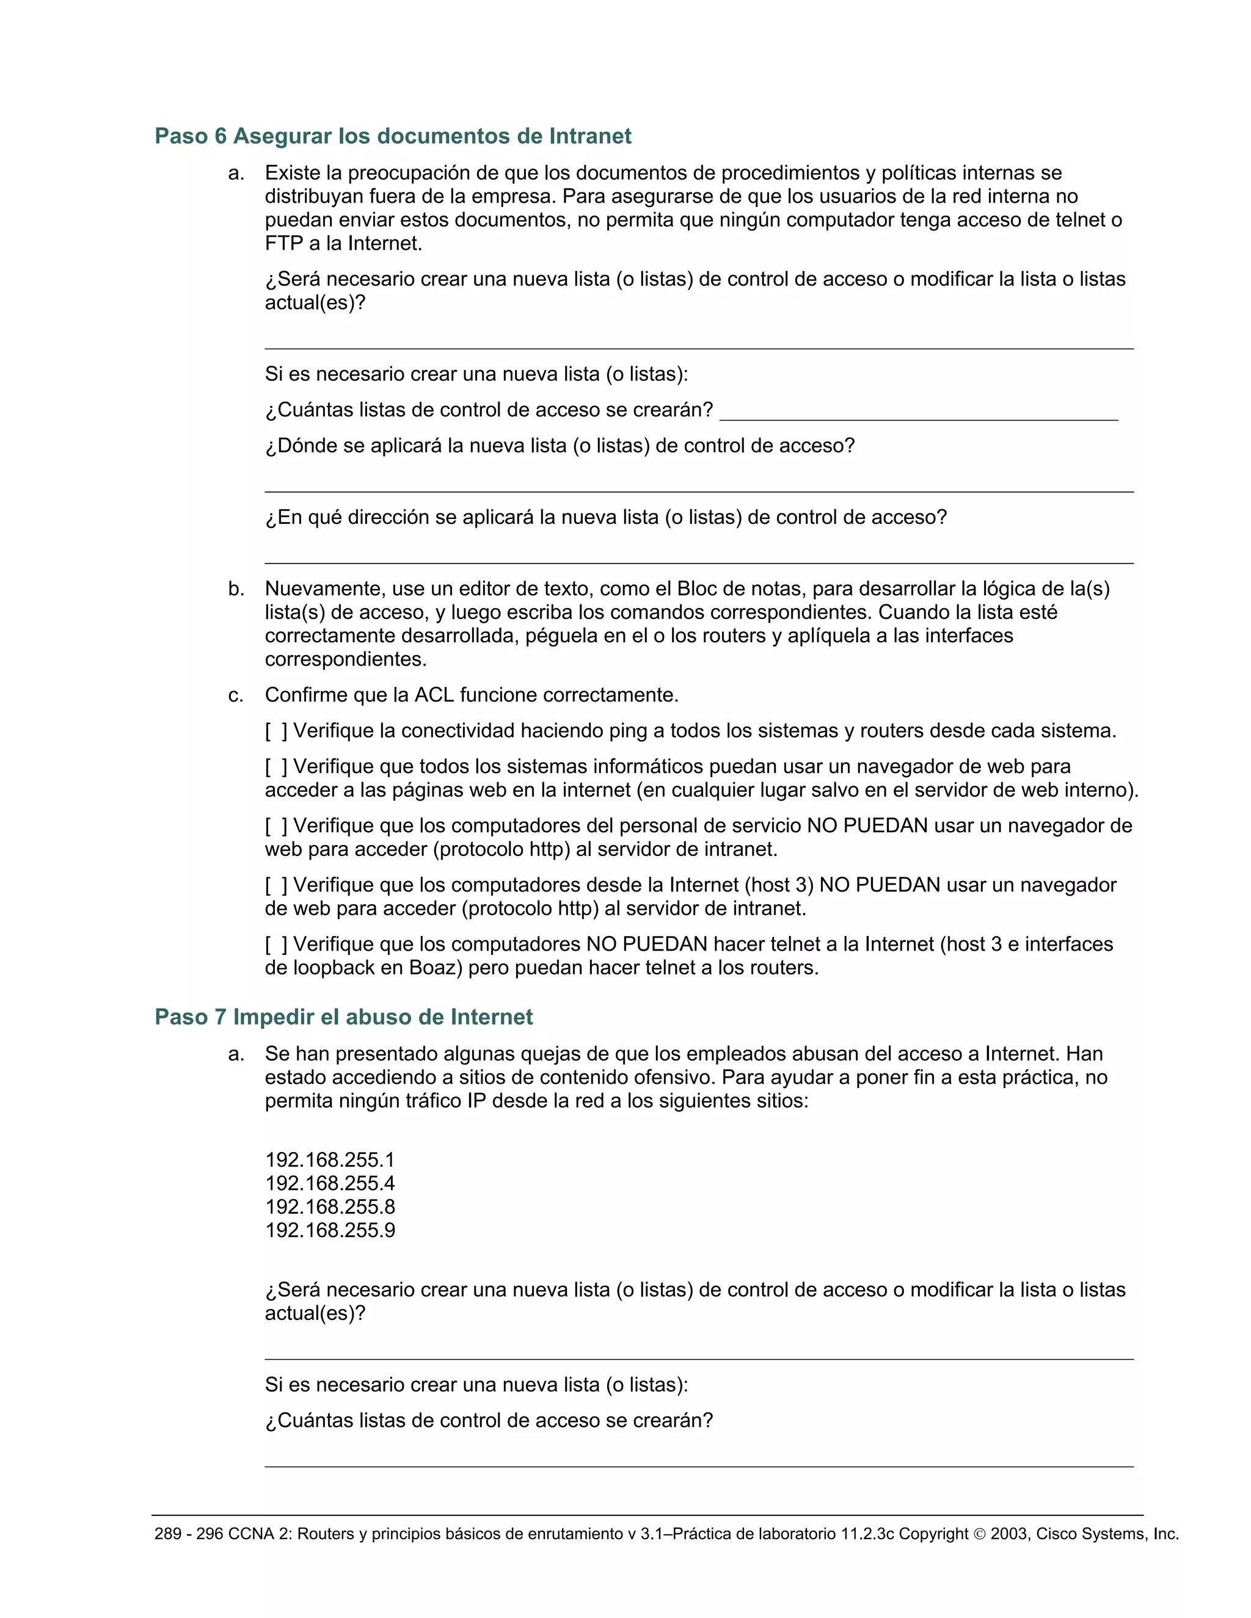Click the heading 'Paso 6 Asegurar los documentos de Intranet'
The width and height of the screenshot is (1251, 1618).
[x=393, y=136]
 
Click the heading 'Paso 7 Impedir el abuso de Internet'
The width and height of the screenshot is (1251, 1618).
[x=343, y=1017]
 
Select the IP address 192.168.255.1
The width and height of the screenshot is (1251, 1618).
[x=330, y=1159]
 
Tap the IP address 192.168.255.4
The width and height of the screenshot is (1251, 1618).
[x=330, y=1183]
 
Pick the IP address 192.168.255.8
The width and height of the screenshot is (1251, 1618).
[x=330, y=1207]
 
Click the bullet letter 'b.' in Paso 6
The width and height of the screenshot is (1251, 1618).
[x=236, y=589]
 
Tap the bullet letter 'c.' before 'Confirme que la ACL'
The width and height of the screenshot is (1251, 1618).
[x=236, y=695]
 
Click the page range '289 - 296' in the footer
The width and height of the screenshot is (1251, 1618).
[x=188, y=1534]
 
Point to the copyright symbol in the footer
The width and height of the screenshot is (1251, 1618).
[x=979, y=1534]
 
